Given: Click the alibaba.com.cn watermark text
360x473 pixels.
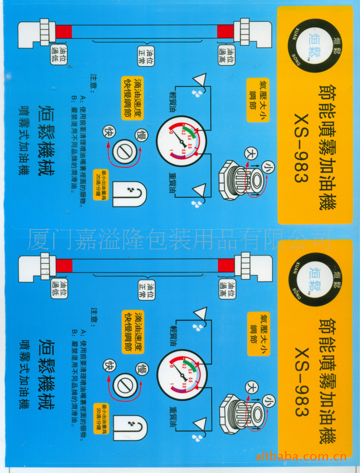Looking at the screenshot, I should click(301, 457).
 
